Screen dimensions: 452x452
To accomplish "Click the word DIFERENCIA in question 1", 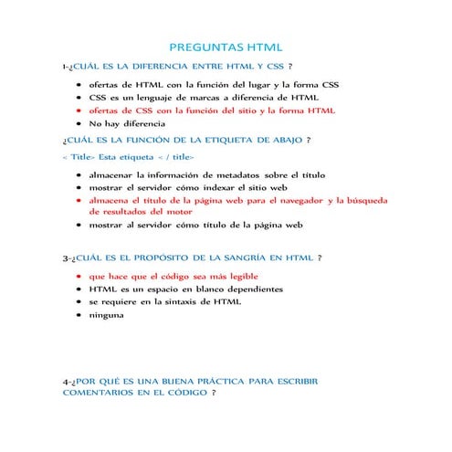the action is click(x=159, y=67).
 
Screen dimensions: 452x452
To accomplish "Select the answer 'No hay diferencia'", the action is click(x=127, y=122).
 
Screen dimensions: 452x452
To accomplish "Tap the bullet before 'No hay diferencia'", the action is click(x=79, y=122).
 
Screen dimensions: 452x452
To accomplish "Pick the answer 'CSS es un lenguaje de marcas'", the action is click(x=203, y=97).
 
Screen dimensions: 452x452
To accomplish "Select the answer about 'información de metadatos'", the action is click(x=206, y=173).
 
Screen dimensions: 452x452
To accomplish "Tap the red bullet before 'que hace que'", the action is click(x=79, y=275).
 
